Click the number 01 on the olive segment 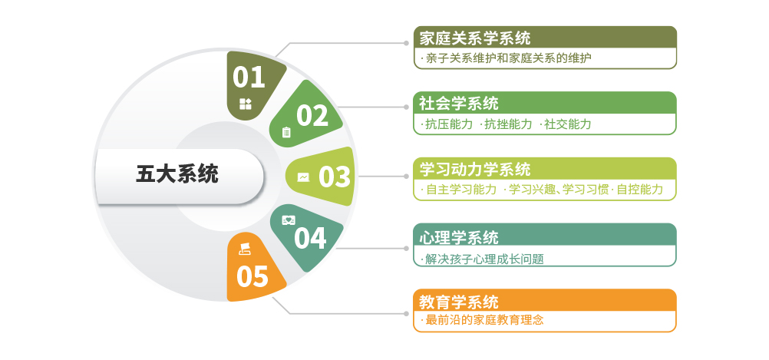pos(249,77)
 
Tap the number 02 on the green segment pos(312,115)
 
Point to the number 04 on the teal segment pos(310,238)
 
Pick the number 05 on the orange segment pos(252,276)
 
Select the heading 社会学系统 pos(459,103)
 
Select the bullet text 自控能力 pos(639,190)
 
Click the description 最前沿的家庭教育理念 pos(484,320)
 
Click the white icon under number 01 pos(246,104)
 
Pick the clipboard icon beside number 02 pos(286,132)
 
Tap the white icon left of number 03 pos(303,177)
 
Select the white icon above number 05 pos(245,247)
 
